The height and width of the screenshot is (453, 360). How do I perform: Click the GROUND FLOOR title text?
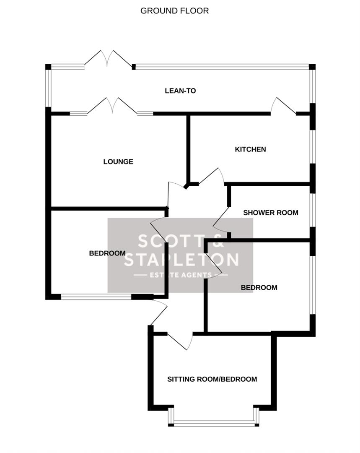174,11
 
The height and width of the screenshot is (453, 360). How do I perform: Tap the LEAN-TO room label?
180,91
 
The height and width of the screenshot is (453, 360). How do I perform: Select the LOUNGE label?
118,161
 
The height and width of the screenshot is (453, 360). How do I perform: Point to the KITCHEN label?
250,149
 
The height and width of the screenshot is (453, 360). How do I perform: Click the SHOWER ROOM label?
271,213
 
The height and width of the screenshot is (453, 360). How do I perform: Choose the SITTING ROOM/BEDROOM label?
212,379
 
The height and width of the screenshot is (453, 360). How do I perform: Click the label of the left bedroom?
107,253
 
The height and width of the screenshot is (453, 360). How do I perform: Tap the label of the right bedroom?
259,288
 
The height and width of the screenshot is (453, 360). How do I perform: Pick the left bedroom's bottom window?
96,297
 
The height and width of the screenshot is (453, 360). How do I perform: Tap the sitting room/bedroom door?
180,341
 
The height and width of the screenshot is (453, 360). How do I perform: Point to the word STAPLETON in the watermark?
181,260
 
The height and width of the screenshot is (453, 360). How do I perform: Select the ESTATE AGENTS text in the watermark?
181,275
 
